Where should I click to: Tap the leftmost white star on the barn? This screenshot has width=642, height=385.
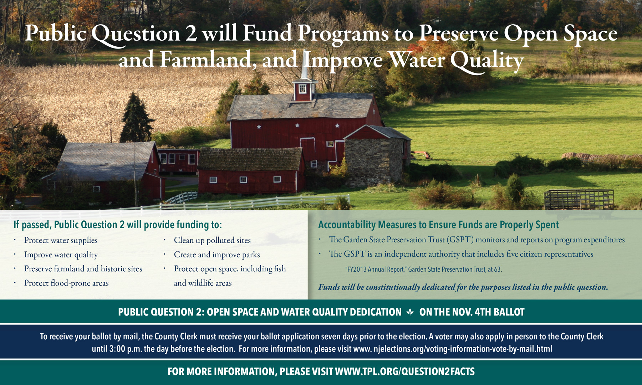pos(259,127)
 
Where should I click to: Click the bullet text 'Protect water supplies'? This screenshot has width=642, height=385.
pos(61,240)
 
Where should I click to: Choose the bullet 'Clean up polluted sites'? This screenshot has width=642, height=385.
pos(212,240)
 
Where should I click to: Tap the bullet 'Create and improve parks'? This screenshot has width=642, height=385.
pos(217,255)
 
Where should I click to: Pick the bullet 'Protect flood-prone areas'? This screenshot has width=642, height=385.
pos(66,283)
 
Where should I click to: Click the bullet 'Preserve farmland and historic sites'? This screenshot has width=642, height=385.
pos(83,269)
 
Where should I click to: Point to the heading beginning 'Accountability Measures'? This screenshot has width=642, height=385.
pos(438,225)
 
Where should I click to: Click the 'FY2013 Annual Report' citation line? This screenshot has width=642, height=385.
pos(423,269)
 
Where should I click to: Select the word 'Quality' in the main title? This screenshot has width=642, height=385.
pos(487,61)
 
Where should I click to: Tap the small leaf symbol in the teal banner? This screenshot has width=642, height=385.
pos(410,312)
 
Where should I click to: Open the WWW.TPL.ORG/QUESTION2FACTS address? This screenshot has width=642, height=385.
pos(405,372)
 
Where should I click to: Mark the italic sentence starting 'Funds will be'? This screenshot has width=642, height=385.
pos(463,287)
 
